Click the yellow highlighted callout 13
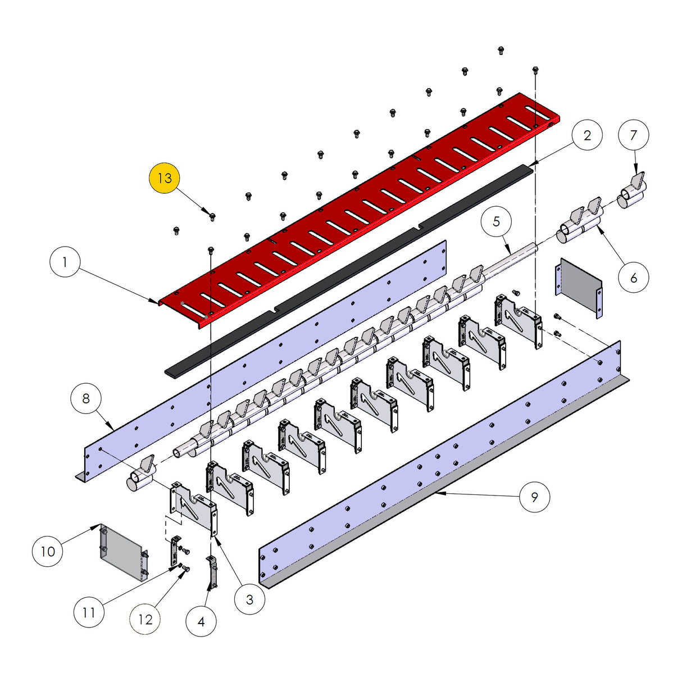[x=164, y=178]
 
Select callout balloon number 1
[x=65, y=262]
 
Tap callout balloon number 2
[x=587, y=135]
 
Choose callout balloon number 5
[x=496, y=222]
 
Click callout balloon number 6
[x=634, y=278]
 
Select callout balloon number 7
[x=634, y=135]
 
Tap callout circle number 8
[x=86, y=399]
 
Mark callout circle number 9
[x=534, y=497]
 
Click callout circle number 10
[x=48, y=552]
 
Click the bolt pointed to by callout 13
[x=212, y=217]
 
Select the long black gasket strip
[x=349, y=270]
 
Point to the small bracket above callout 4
[x=212, y=572]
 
